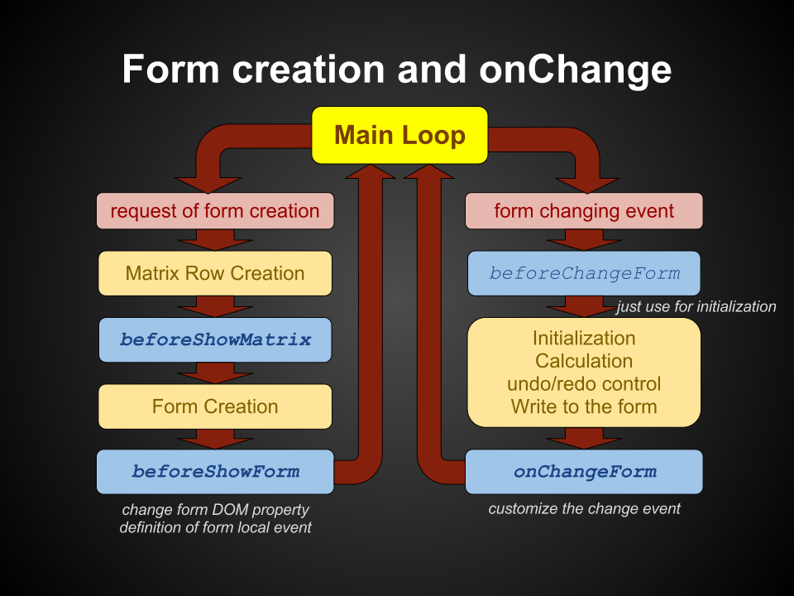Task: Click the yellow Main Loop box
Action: (399, 135)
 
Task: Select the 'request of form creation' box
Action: (215, 211)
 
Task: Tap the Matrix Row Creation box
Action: (215, 274)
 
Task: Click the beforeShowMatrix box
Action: (215, 339)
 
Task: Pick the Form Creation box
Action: (215, 406)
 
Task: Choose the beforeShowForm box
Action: (215, 472)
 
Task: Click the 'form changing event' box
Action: (584, 211)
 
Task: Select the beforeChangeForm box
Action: (584, 274)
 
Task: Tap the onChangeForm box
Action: (584, 472)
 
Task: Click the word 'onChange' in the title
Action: (576, 70)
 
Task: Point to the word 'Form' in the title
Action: (170, 69)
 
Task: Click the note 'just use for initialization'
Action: (696, 306)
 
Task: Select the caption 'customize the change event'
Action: (585, 509)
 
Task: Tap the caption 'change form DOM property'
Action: (215, 509)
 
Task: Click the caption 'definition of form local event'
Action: (215, 527)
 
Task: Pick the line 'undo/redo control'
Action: (584, 383)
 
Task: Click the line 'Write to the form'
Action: (584, 406)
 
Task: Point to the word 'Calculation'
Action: (584, 361)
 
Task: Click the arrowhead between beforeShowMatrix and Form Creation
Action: (215, 377)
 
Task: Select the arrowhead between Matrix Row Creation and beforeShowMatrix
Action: (215, 311)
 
